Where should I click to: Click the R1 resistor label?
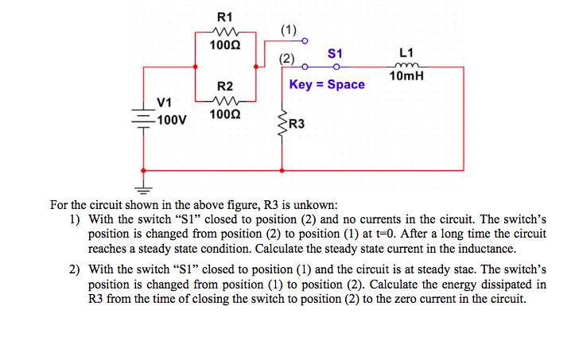tap(225, 17)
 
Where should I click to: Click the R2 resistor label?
tap(225, 86)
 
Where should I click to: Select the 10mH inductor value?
tap(406, 76)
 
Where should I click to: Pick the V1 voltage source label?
tap(165, 102)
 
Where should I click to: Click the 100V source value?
tap(170, 120)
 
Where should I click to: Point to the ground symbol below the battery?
tap(143, 189)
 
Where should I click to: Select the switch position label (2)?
tap(286, 58)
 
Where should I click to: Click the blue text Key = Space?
tap(327, 84)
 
